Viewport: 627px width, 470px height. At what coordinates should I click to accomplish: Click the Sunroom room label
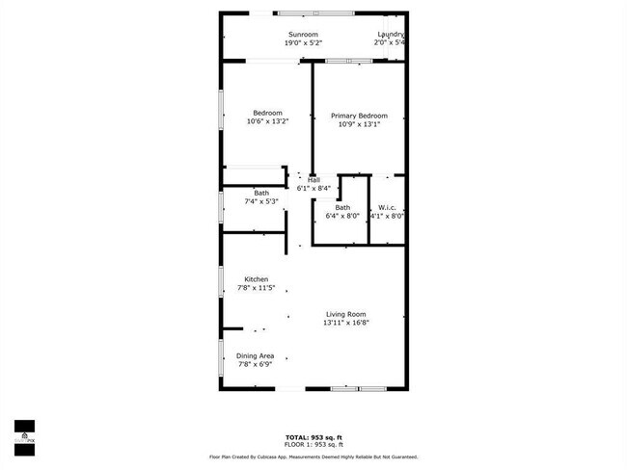click(302, 34)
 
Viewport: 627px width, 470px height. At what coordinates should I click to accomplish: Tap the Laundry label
click(390, 34)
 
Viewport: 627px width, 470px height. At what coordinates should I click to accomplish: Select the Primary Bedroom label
click(359, 116)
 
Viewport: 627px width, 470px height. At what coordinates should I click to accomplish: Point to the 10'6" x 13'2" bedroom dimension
click(267, 121)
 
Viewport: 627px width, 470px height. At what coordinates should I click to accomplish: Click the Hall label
click(313, 180)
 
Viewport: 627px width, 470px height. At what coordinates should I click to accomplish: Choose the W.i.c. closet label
click(387, 208)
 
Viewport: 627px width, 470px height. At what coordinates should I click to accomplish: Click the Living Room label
click(346, 314)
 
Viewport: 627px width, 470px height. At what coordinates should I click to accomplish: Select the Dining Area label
click(256, 356)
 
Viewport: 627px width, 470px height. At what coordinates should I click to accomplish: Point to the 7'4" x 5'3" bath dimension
click(261, 201)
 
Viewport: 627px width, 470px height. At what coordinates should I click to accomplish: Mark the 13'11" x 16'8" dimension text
click(346, 323)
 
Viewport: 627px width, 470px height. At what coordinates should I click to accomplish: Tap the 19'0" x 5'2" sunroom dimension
click(302, 43)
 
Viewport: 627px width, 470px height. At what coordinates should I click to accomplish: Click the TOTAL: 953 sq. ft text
click(313, 436)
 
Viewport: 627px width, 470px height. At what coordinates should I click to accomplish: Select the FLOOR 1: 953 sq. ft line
click(313, 444)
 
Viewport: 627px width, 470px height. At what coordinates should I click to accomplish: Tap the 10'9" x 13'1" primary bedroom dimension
click(359, 124)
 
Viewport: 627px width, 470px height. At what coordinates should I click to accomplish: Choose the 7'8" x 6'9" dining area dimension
click(256, 365)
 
